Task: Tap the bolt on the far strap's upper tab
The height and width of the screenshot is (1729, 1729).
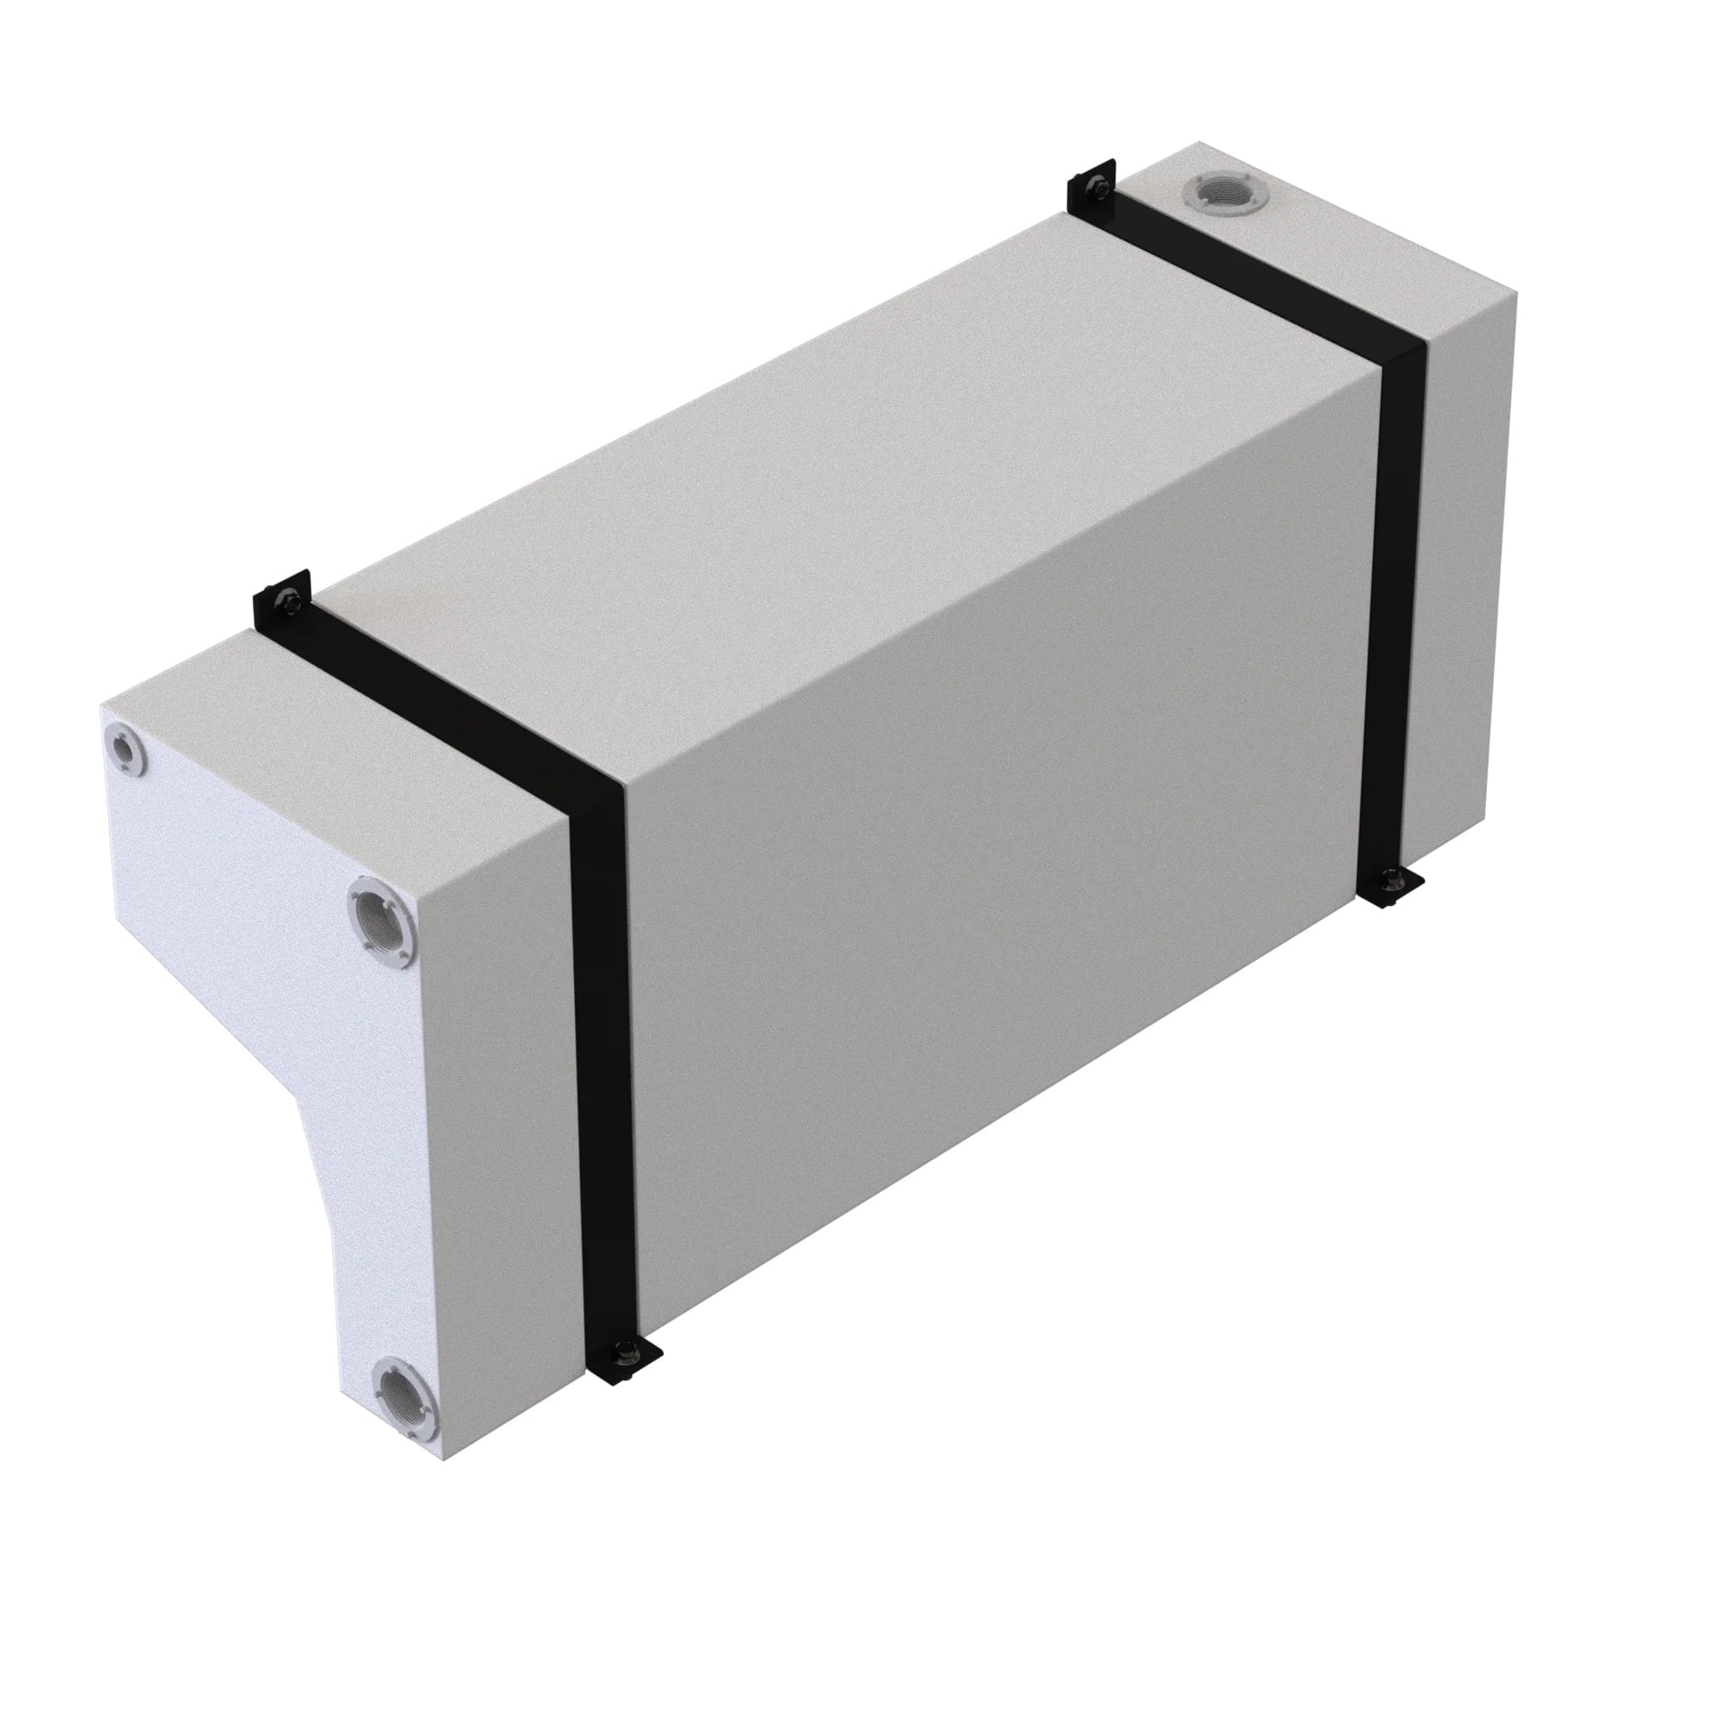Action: pyautogui.click(x=1094, y=186)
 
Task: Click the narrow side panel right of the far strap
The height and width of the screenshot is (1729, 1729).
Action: pyautogui.click(x=1469, y=573)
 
